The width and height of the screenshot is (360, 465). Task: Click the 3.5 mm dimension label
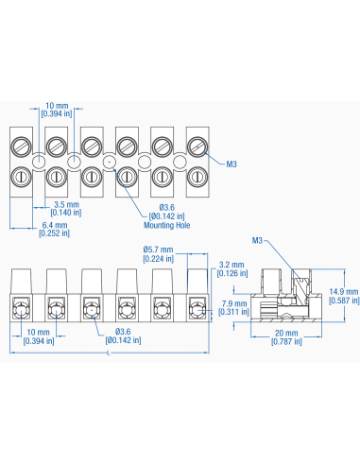pyautogui.click(x=66, y=204)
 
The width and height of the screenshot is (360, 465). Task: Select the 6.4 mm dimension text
pyautogui.click(x=53, y=226)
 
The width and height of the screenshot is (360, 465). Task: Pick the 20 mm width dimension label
pyautogui.click(x=287, y=334)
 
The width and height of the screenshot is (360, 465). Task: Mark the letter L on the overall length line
pyautogui.click(x=110, y=353)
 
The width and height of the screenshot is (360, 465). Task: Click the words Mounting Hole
pyautogui.click(x=164, y=226)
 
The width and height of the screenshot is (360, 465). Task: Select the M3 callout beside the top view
pyautogui.click(x=231, y=163)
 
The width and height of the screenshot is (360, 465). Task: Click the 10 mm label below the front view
pyautogui.click(x=39, y=333)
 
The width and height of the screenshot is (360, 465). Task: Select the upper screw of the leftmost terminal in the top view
pyautogui.click(x=21, y=146)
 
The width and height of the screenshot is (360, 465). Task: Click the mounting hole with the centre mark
pyautogui.click(x=110, y=162)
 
